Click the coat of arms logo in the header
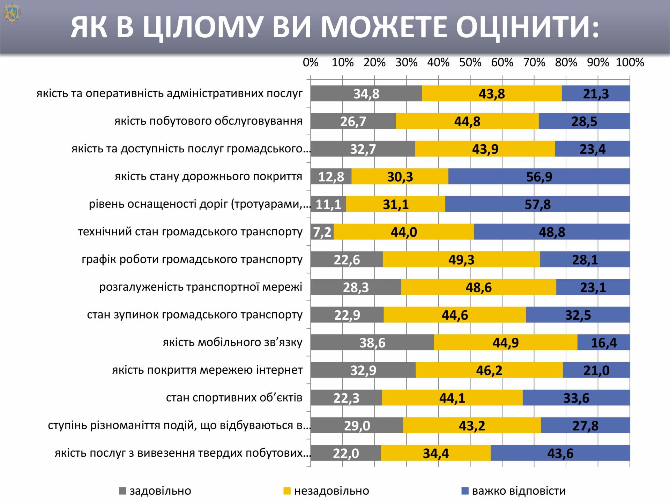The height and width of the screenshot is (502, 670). [x=12, y=13]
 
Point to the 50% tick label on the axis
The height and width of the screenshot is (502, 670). [x=470, y=62]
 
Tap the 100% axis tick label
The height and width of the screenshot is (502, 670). [x=630, y=62]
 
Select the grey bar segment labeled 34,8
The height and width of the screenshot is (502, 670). [x=366, y=93]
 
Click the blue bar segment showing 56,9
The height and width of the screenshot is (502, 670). [x=539, y=176]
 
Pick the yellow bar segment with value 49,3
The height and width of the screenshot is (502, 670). [x=461, y=259]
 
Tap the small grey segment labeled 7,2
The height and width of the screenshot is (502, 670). [x=322, y=232]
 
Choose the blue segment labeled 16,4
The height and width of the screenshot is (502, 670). [x=603, y=342]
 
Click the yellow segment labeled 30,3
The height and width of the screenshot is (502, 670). [x=400, y=176]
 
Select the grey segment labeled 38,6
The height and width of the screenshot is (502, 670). [x=372, y=342]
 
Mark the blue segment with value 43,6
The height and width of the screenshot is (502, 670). [x=560, y=453]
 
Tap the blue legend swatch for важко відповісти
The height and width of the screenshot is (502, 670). [x=464, y=491]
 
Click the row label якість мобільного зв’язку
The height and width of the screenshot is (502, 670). [x=232, y=342]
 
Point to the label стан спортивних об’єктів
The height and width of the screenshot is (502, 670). [x=234, y=397]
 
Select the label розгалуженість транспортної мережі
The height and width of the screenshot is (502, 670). [x=201, y=287]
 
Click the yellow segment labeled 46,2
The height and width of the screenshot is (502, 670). [x=489, y=370]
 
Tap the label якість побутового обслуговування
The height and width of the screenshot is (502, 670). [x=208, y=121]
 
